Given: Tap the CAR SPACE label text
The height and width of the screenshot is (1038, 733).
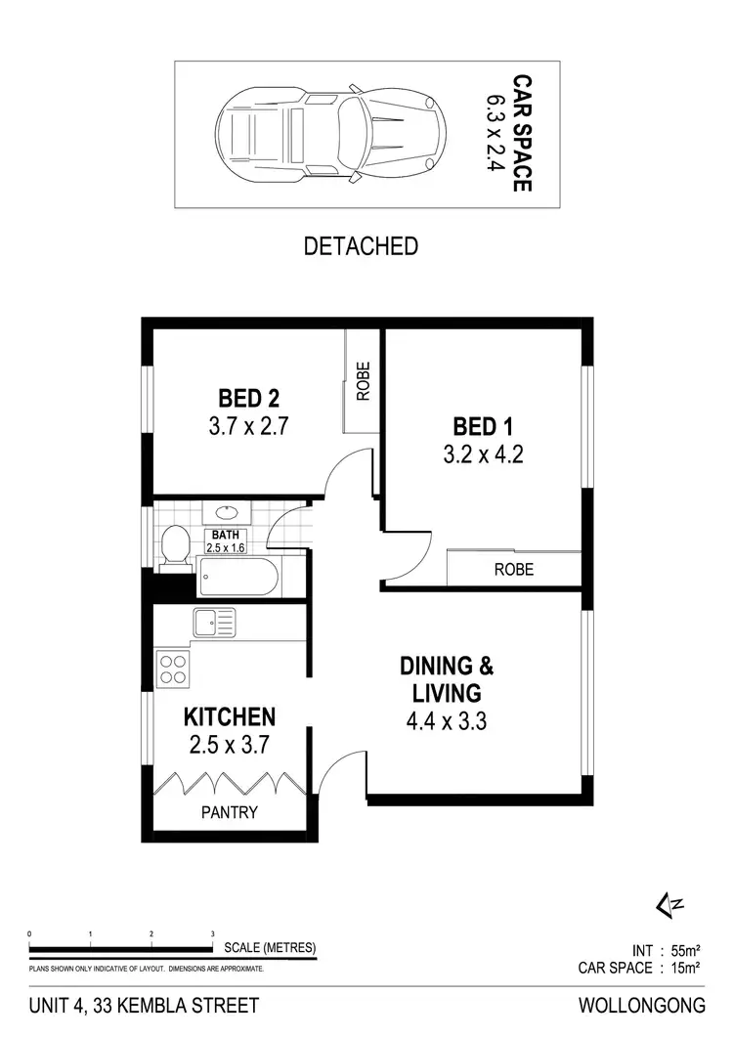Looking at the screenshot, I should click(523, 133).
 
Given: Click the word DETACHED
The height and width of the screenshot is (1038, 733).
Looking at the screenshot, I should click(361, 245).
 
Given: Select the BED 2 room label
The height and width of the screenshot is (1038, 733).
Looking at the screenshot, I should click(248, 399).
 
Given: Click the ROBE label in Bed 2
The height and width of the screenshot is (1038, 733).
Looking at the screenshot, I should click(364, 382).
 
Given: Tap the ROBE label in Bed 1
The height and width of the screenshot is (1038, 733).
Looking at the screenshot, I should click(513, 569).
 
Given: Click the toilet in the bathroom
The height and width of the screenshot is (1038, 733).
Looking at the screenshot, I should click(176, 545).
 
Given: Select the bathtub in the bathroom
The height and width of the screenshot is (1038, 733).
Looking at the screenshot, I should click(237, 576).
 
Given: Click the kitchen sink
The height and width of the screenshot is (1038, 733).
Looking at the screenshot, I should click(213, 622).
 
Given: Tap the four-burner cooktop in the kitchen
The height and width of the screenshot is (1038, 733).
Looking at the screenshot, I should click(173, 669).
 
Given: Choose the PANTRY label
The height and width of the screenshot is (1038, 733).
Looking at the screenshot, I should click(230, 811).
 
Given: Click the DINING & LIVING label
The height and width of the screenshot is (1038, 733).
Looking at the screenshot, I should click(447, 680).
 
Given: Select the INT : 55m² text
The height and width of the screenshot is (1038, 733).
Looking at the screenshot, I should click(666, 950).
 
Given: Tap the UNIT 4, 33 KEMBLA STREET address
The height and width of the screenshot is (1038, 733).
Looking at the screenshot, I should click(145, 1006).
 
